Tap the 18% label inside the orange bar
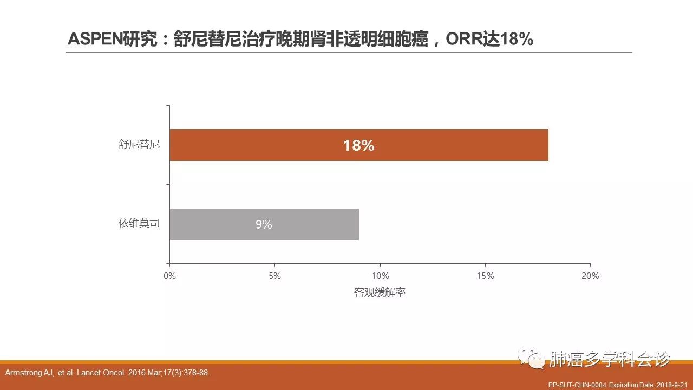[358, 145]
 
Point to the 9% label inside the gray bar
[264, 224]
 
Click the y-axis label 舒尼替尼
[139, 145]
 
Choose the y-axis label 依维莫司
[139, 223]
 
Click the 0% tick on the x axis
[169, 276]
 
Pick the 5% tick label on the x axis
[274, 276]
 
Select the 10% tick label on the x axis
[380, 276]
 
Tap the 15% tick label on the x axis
[485, 276]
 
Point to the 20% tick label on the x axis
[590, 276]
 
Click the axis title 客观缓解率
[380, 292]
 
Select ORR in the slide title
[463, 40]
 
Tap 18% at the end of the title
[517, 40]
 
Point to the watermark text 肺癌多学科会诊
[610, 359]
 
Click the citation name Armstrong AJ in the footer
[25, 373]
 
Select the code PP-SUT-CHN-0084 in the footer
[577, 384]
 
